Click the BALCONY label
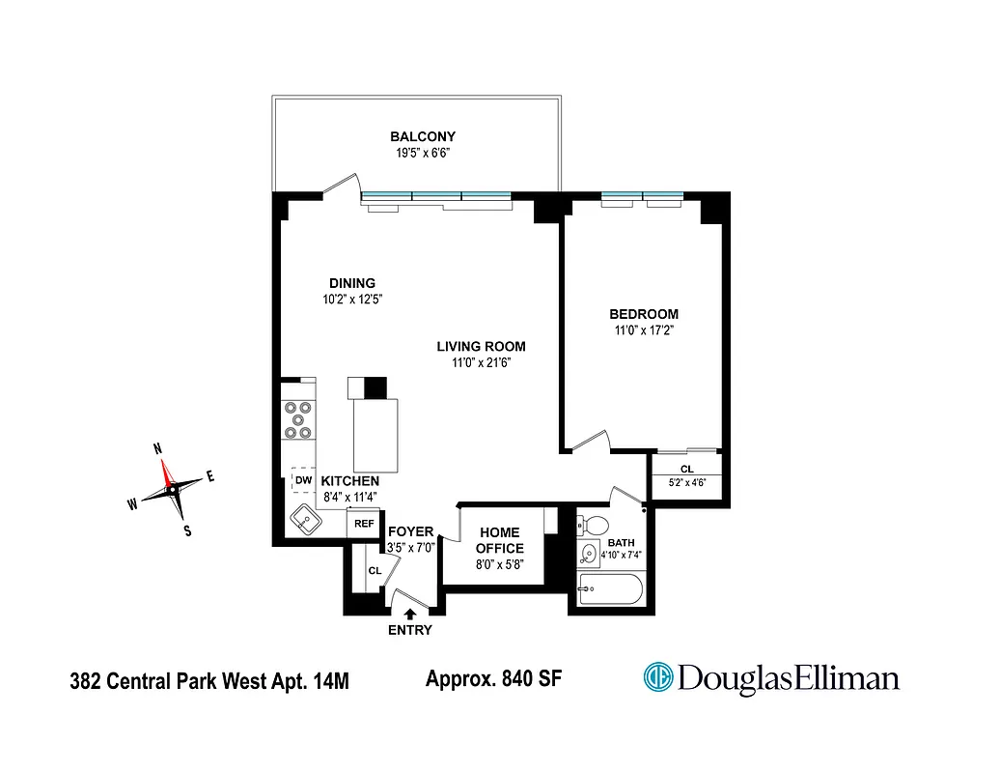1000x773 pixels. pyautogui.click(x=422, y=136)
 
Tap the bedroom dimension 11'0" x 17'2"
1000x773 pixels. pyautogui.click(x=643, y=330)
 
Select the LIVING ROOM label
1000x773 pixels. pyautogui.click(x=480, y=346)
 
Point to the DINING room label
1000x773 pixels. pyautogui.click(x=351, y=283)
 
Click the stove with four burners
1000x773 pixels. pyautogui.click(x=299, y=420)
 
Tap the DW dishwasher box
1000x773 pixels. pyautogui.click(x=303, y=480)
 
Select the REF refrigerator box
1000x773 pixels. pyautogui.click(x=363, y=523)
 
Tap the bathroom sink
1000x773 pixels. pyautogui.click(x=588, y=555)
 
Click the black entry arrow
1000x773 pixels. pyautogui.click(x=410, y=613)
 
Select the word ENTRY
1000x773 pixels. pyautogui.click(x=410, y=631)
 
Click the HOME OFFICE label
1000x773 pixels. pyautogui.click(x=499, y=540)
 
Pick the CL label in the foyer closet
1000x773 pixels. pyautogui.click(x=375, y=571)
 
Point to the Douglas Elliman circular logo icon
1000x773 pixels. pyautogui.click(x=657, y=677)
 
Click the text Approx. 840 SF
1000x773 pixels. pyautogui.click(x=493, y=678)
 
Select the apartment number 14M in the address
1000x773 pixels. pyautogui.click(x=326, y=681)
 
